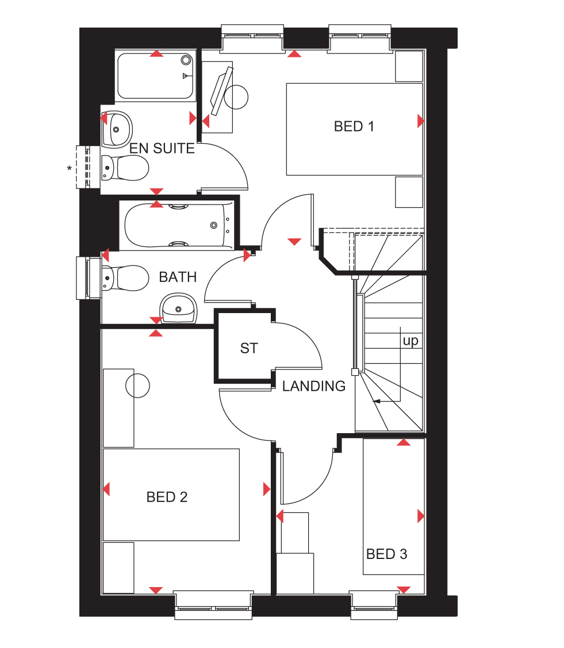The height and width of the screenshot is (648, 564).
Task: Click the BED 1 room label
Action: tap(354, 126)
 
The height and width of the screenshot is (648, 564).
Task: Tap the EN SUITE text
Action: tap(162, 148)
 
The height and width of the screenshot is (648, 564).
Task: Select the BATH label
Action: tap(178, 277)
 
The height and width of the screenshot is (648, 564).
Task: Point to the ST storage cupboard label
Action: tap(249, 348)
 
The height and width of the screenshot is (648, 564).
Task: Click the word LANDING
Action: tap(314, 386)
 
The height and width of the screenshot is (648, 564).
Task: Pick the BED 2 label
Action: tap(167, 497)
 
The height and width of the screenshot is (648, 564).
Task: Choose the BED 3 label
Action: tap(386, 554)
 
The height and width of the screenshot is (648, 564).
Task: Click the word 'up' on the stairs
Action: tap(410, 341)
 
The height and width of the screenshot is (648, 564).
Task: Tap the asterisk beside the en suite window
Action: tap(70, 169)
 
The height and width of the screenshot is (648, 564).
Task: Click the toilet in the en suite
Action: tap(125, 168)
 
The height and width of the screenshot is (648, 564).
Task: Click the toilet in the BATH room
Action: tap(125, 278)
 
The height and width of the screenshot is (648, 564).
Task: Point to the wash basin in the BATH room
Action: tap(179, 308)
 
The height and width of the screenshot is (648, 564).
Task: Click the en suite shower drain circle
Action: tap(186, 60)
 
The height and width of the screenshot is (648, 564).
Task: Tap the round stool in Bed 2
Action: tap(137, 385)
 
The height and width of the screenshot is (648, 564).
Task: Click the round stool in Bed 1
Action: tap(236, 97)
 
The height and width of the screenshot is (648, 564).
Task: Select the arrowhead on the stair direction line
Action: tap(376, 401)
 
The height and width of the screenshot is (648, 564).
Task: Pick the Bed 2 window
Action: tap(213, 606)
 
